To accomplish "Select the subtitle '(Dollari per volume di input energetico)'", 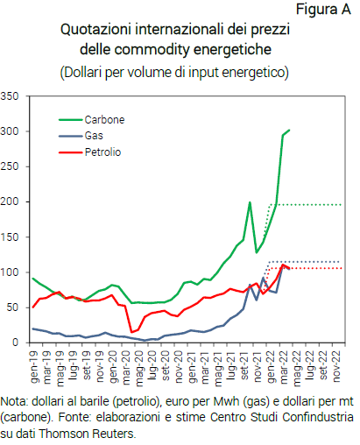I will click(173, 69).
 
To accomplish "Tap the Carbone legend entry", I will click(104, 120).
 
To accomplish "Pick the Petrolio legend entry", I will click(102, 152).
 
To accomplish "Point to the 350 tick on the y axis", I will click(12, 96).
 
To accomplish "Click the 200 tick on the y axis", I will click(12, 201).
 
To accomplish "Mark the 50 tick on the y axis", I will click(16, 307).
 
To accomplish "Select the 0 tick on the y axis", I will click(19, 343).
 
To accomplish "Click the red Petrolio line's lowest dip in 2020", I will click(131, 332).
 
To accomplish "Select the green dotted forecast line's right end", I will click(341, 204).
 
